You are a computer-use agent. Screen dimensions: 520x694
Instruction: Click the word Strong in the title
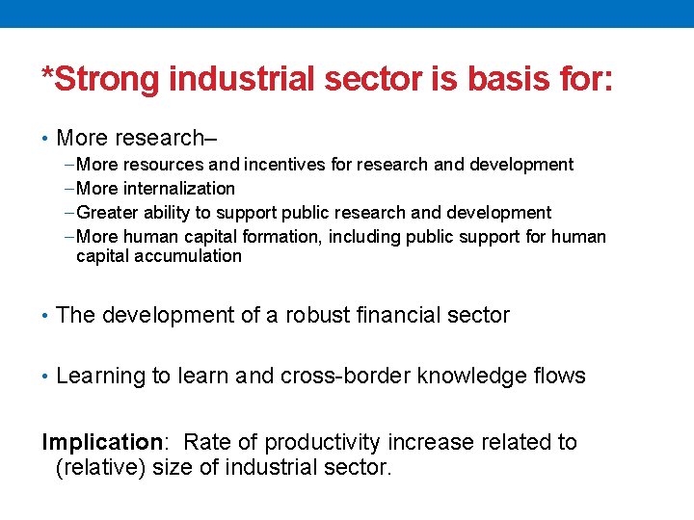coord(108,79)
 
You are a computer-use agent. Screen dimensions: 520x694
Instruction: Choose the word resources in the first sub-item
coord(163,165)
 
